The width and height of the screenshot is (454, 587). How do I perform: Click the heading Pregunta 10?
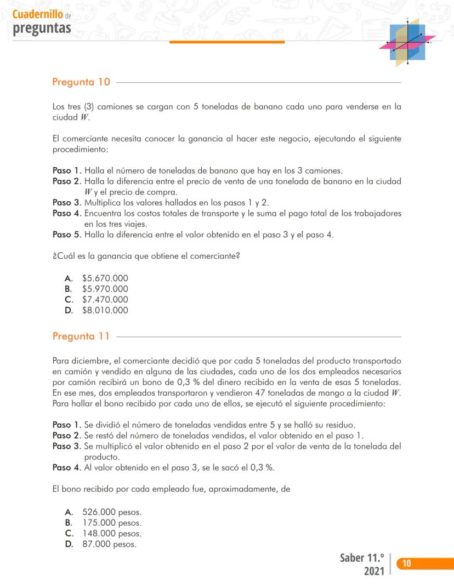(x=81, y=82)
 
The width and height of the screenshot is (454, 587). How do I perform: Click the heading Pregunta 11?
(x=81, y=336)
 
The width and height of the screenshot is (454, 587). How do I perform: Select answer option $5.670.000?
(x=105, y=278)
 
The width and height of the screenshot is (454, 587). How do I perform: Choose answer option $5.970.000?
(x=105, y=289)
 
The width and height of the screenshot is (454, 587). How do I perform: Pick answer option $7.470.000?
(x=105, y=299)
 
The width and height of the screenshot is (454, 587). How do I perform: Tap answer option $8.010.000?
(x=105, y=310)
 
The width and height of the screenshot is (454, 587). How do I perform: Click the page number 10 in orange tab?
(x=406, y=563)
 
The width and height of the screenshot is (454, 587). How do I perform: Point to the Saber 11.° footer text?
(x=361, y=558)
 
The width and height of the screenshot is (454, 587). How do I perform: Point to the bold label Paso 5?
(x=66, y=235)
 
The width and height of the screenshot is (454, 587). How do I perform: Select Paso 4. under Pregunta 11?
(x=66, y=467)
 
